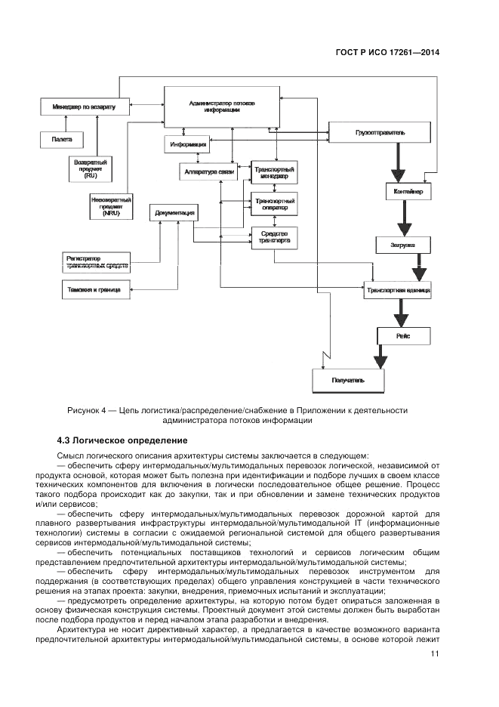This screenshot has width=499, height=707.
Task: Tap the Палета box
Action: (x=62, y=140)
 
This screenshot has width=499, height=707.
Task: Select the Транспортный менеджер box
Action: (x=274, y=172)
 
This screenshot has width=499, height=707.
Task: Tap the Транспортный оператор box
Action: (x=274, y=203)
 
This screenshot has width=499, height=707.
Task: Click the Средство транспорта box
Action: (x=274, y=238)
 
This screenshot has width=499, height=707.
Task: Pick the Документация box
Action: (x=175, y=213)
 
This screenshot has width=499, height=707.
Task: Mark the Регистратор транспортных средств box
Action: (x=97, y=262)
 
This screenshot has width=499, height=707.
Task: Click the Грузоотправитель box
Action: (x=380, y=133)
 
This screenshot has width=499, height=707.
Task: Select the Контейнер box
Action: (x=408, y=193)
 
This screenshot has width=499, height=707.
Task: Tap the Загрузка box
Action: (x=404, y=245)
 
